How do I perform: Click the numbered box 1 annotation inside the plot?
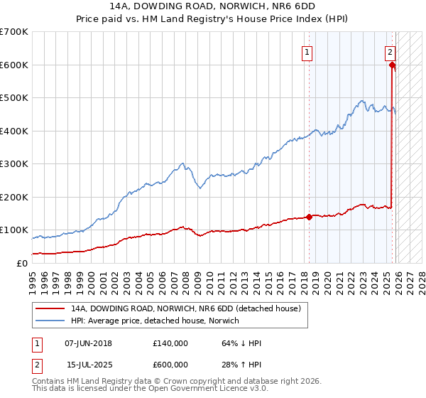[307, 51]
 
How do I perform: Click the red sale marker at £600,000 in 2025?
[393, 65]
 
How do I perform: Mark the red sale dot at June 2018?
[309, 217]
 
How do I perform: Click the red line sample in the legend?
[51, 308]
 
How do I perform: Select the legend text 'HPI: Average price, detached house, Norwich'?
[155, 321]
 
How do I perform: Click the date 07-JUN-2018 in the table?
[88, 343]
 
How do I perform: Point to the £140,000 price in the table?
[170, 343]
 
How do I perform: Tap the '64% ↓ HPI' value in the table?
[241, 343]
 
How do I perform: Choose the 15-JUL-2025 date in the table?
[88, 365]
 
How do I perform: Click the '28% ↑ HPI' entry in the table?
[241, 365]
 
